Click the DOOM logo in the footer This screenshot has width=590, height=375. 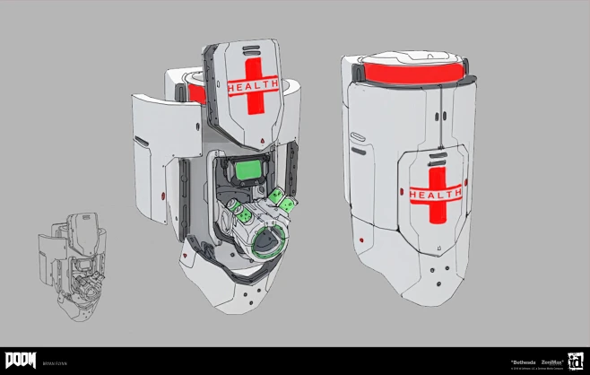click(20, 360)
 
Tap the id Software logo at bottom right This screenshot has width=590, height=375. click(574, 361)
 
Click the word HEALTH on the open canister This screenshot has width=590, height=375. click(253, 87)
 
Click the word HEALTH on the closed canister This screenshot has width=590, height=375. click(436, 194)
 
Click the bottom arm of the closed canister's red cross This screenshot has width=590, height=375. click(436, 215)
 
